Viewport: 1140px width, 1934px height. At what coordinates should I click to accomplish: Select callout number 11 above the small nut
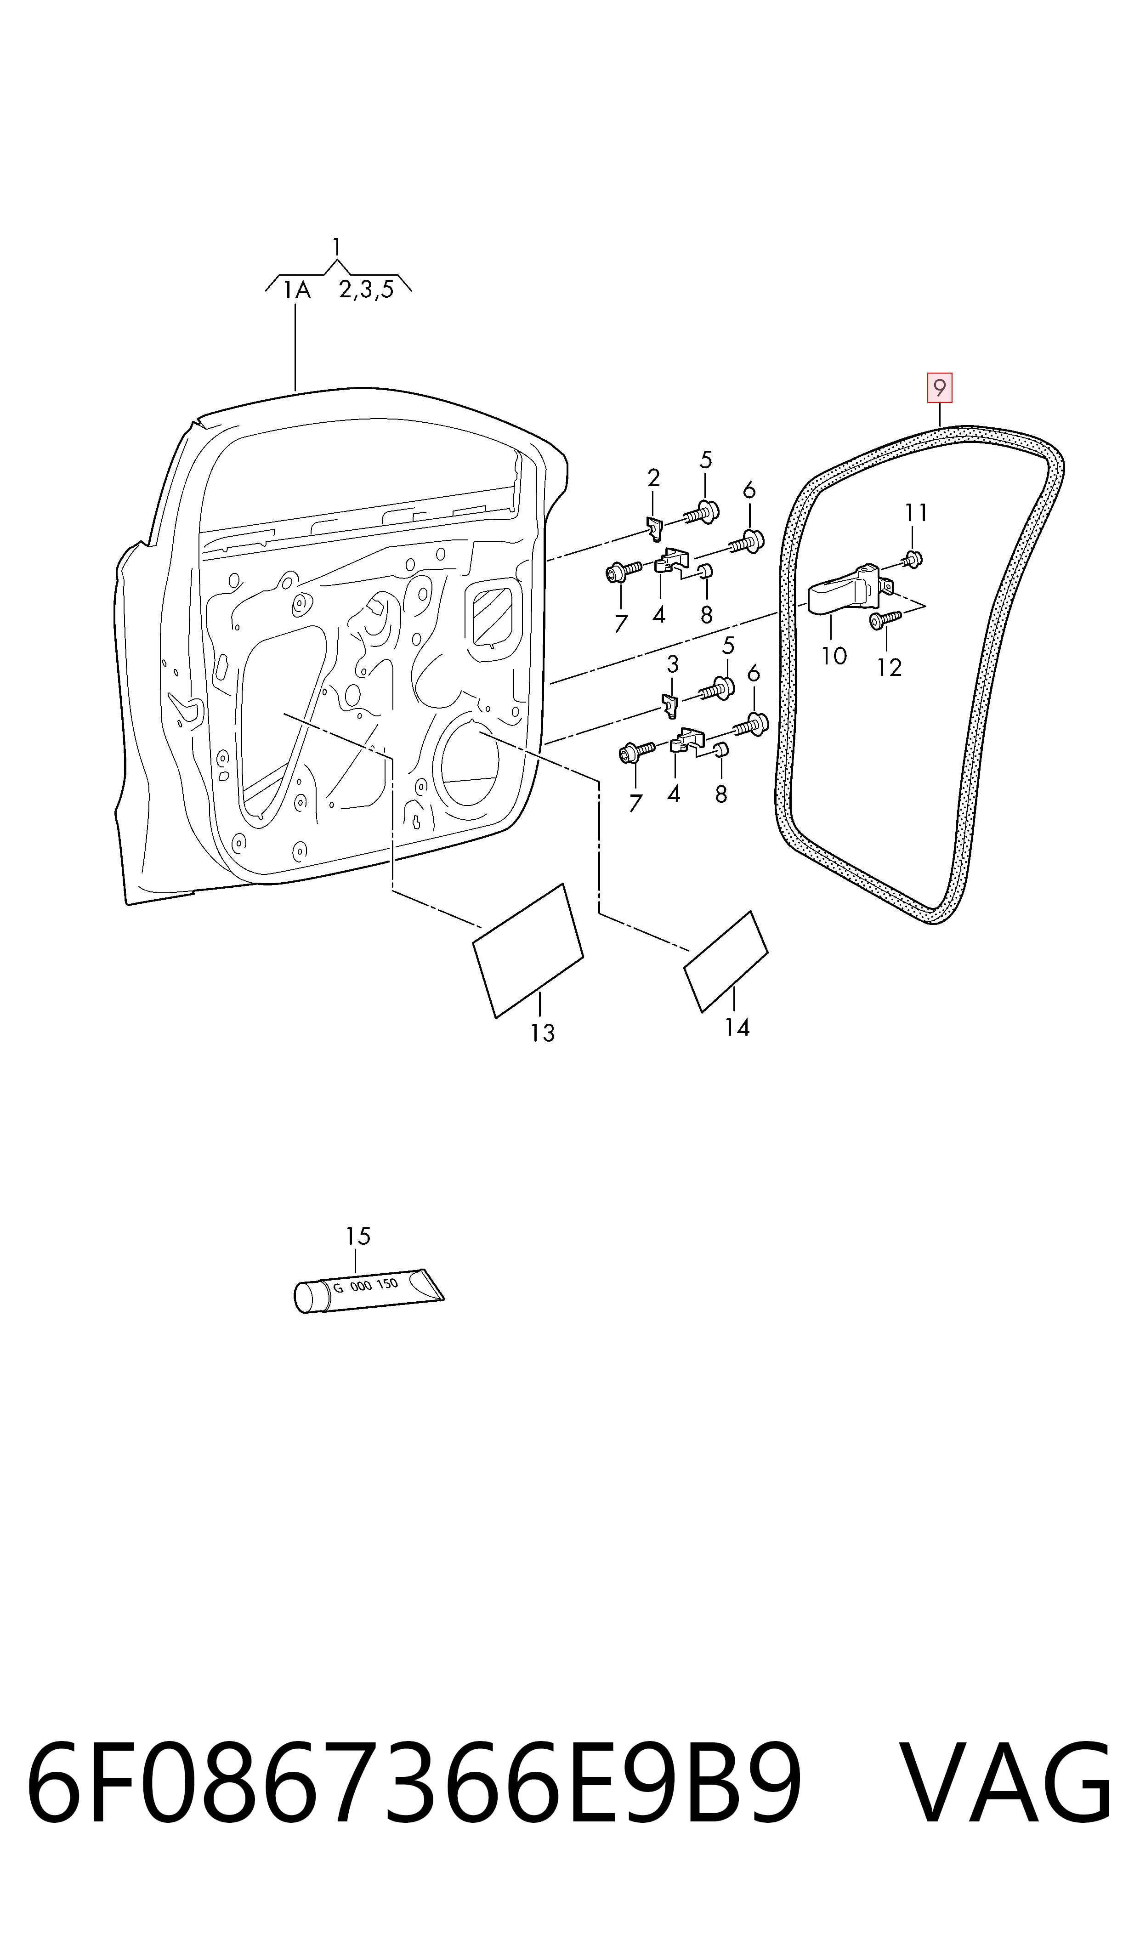[916, 512]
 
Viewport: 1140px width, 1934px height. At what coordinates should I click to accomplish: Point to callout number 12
[889, 668]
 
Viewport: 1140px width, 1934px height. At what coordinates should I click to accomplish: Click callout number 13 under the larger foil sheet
[542, 1033]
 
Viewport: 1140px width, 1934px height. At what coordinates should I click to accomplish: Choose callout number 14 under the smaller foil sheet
[737, 1027]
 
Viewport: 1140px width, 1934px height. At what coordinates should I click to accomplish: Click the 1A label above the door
[296, 290]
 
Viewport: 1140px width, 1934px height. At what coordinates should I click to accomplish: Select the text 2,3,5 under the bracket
[366, 289]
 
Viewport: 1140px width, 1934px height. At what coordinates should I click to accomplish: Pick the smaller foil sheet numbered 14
[726, 962]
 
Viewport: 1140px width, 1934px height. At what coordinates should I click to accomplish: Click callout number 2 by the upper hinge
[654, 478]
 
